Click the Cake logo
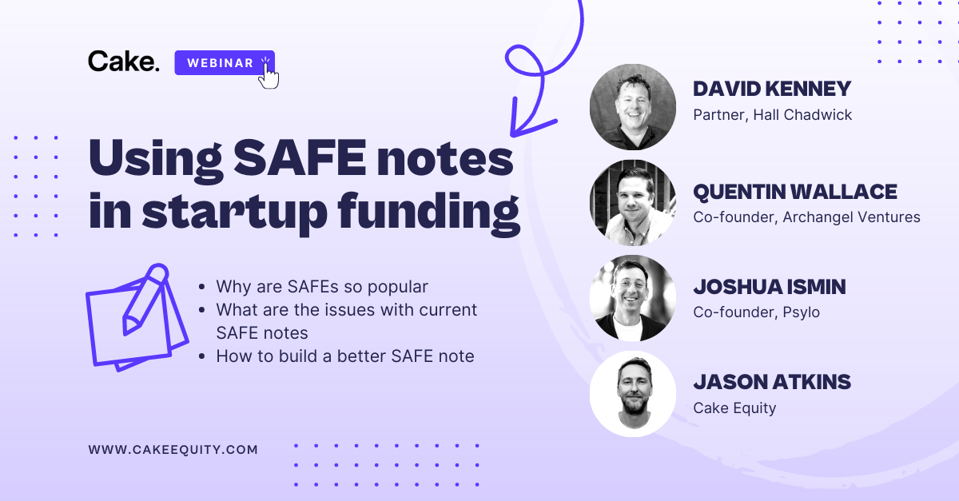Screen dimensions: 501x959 coord(124,62)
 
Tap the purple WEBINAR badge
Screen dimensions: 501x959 coord(221,62)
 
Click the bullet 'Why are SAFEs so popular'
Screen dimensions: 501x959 coord(322,286)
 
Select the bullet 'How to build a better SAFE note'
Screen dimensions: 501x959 coord(344,356)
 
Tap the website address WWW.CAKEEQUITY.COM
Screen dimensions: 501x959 coord(173,450)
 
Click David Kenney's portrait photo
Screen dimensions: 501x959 coord(632,107)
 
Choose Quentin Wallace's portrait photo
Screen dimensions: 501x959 coord(632,203)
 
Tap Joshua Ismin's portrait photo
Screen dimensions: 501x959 coord(632,298)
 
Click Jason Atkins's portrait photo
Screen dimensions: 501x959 coord(632,394)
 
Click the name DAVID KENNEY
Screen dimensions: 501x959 coord(772,89)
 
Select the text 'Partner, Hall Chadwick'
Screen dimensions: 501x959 coord(772,115)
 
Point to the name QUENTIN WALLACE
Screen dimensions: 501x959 coord(794,192)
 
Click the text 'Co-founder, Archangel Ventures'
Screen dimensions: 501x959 coord(806,217)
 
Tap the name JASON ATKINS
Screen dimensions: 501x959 coord(771,382)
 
